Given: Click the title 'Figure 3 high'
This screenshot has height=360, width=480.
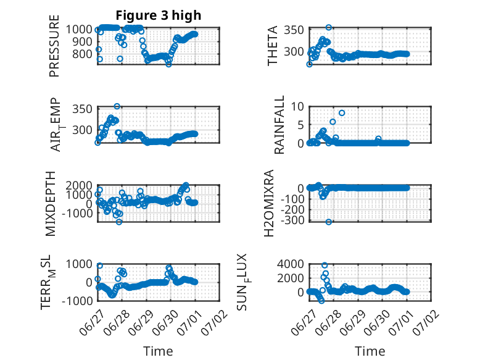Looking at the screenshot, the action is click(159, 15).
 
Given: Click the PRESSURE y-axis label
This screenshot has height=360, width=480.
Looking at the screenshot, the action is click(54, 46).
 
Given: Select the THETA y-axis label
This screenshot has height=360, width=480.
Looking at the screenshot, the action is click(272, 46).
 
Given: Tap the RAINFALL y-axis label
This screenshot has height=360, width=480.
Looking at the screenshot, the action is click(279, 125).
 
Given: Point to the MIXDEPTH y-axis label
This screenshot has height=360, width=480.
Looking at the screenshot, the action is click(51, 204).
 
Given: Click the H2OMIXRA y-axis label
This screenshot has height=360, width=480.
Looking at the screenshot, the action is click(269, 203).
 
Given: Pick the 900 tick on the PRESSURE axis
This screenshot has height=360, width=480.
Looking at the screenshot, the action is click(81, 41).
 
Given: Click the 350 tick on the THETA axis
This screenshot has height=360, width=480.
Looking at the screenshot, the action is click(294, 30).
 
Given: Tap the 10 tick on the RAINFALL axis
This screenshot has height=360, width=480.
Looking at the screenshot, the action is click(297, 107).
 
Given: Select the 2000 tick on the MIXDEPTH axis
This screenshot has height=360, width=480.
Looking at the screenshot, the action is click(79, 185).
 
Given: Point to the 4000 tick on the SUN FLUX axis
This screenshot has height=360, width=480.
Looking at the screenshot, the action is click(291, 264).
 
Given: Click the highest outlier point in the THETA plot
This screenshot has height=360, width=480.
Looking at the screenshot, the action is click(328, 27).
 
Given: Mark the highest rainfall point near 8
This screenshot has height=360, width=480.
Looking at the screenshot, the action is click(342, 113).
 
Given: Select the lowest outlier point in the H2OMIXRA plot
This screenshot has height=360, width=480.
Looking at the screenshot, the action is click(328, 222).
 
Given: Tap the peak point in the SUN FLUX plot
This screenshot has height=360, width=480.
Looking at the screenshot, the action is click(325, 266).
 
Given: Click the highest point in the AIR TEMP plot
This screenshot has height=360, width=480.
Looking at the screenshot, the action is click(117, 106).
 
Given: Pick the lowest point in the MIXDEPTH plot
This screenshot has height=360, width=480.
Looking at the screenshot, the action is click(119, 222).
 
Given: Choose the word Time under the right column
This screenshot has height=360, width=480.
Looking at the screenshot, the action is click(370, 351).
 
